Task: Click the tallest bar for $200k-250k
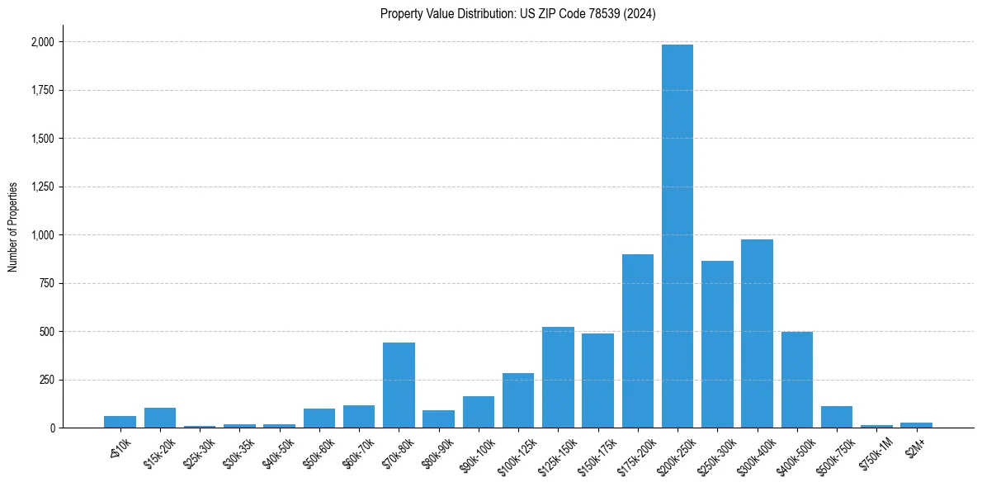click(677, 236)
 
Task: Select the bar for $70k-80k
click(399, 385)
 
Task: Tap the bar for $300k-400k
click(757, 333)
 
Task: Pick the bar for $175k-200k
click(637, 341)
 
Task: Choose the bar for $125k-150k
click(558, 377)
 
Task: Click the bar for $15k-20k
click(160, 418)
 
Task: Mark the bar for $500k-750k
click(836, 417)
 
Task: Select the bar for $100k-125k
click(518, 400)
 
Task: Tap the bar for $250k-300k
click(717, 344)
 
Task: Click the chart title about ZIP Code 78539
click(517, 14)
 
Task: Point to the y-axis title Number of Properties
click(13, 226)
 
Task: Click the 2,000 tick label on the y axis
click(42, 42)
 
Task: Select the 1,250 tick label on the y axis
click(42, 187)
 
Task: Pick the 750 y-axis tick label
click(46, 283)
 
